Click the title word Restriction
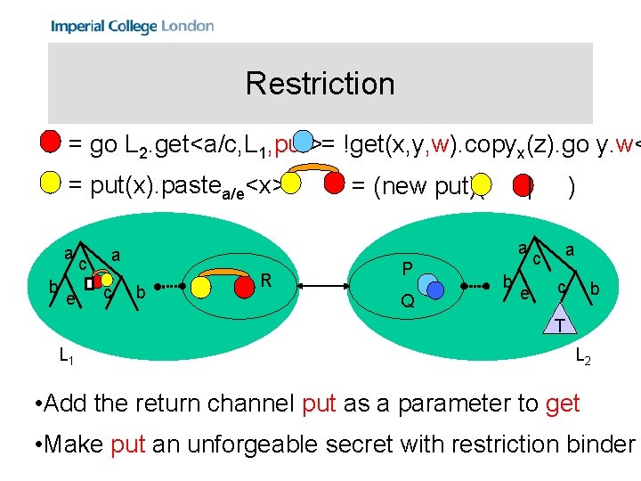[320, 84]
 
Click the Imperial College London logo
[133, 26]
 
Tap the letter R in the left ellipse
[266, 281]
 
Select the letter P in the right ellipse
[407, 268]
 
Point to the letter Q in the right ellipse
[407, 301]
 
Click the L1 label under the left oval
[66, 356]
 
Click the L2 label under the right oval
[582, 356]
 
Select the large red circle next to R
[243, 287]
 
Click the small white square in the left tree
[89, 283]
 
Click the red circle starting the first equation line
[51, 142]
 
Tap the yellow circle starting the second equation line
[51, 184]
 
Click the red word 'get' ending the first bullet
[562, 404]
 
